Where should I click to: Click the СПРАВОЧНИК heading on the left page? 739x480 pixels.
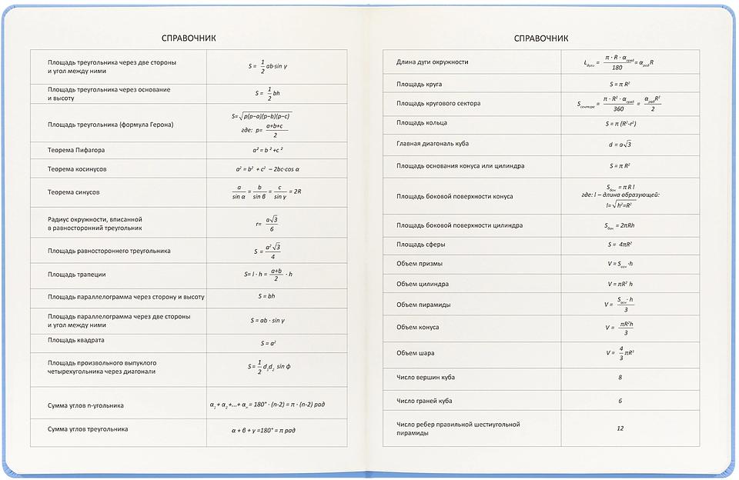click(189, 38)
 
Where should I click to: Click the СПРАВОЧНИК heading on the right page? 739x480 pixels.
click(541, 38)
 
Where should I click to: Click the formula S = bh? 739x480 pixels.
click(267, 295)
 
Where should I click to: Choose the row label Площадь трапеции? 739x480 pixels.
click(76, 274)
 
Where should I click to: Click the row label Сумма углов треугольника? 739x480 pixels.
click(88, 428)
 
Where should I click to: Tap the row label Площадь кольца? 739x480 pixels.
click(422, 122)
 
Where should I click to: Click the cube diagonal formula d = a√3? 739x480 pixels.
click(620, 144)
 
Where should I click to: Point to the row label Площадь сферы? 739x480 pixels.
click(420, 244)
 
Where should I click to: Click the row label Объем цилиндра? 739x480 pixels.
click(423, 284)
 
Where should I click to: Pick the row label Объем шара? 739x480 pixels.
click(416, 353)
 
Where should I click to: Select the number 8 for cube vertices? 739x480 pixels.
click(620, 377)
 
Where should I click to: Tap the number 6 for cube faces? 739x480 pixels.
click(620, 401)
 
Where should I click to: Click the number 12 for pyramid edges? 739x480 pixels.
click(620, 428)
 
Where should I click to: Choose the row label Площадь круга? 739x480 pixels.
click(419, 83)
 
